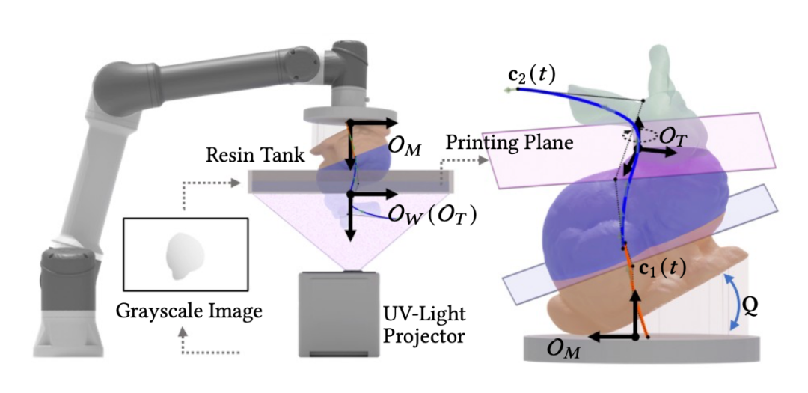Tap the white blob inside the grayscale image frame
[183, 255]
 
